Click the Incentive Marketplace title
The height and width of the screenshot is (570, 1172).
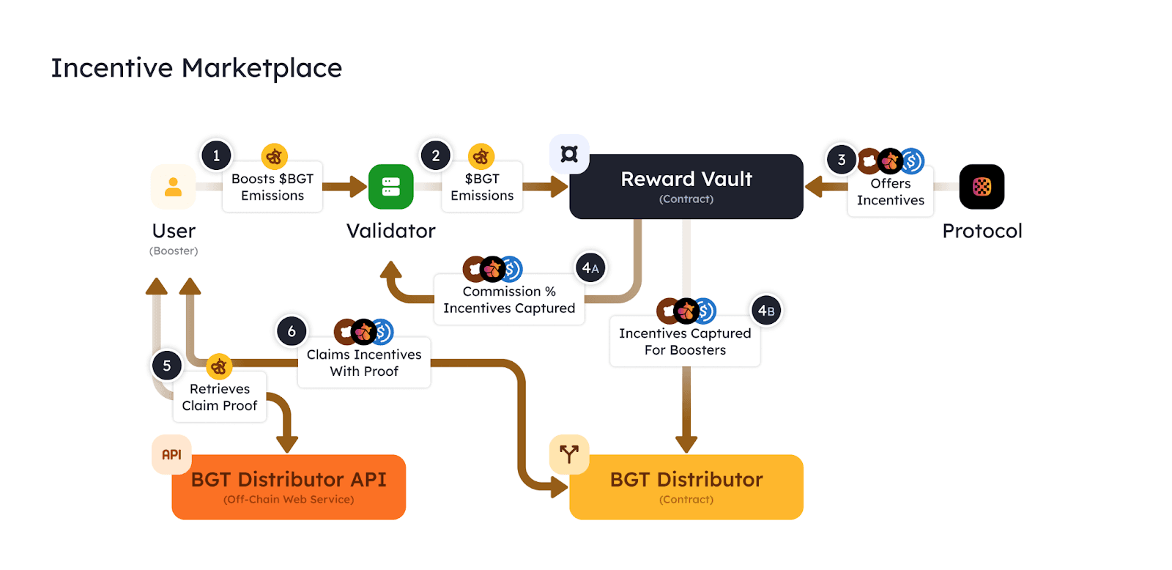click(x=196, y=68)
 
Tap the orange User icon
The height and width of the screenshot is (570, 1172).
click(x=173, y=187)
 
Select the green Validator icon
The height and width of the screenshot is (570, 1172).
click(x=390, y=187)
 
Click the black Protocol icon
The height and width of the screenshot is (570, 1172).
click(x=982, y=187)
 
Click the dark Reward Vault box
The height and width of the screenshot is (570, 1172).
click(x=686, y=187)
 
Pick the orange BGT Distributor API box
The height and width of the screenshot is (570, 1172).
click(x=289, y=487)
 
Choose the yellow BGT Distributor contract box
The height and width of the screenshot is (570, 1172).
click(x=686, y=487)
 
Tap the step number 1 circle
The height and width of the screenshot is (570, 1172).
click(x=216, y=155)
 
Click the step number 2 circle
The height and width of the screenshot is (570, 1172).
click(x=436, y=155)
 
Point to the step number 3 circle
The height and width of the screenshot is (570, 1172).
click(x=842, y=160)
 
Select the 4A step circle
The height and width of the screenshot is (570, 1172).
click(x=590, y=268)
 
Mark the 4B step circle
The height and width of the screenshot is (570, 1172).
click(x=766, y=311)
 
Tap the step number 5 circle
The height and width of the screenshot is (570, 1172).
click(x=167, y=366)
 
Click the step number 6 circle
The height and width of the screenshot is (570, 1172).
click(x=292, y=331)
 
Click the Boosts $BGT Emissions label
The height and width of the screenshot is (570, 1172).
click(x=272, y=188)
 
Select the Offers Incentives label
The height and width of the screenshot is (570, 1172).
click(x=891, y=192)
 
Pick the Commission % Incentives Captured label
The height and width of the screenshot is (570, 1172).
click(x=509, y=300)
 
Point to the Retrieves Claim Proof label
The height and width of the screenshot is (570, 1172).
click(x=220, y=397)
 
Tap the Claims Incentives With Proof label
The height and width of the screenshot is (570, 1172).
click(x=364, y=363)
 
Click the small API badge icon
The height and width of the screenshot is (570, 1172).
click(x=171, y=455)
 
